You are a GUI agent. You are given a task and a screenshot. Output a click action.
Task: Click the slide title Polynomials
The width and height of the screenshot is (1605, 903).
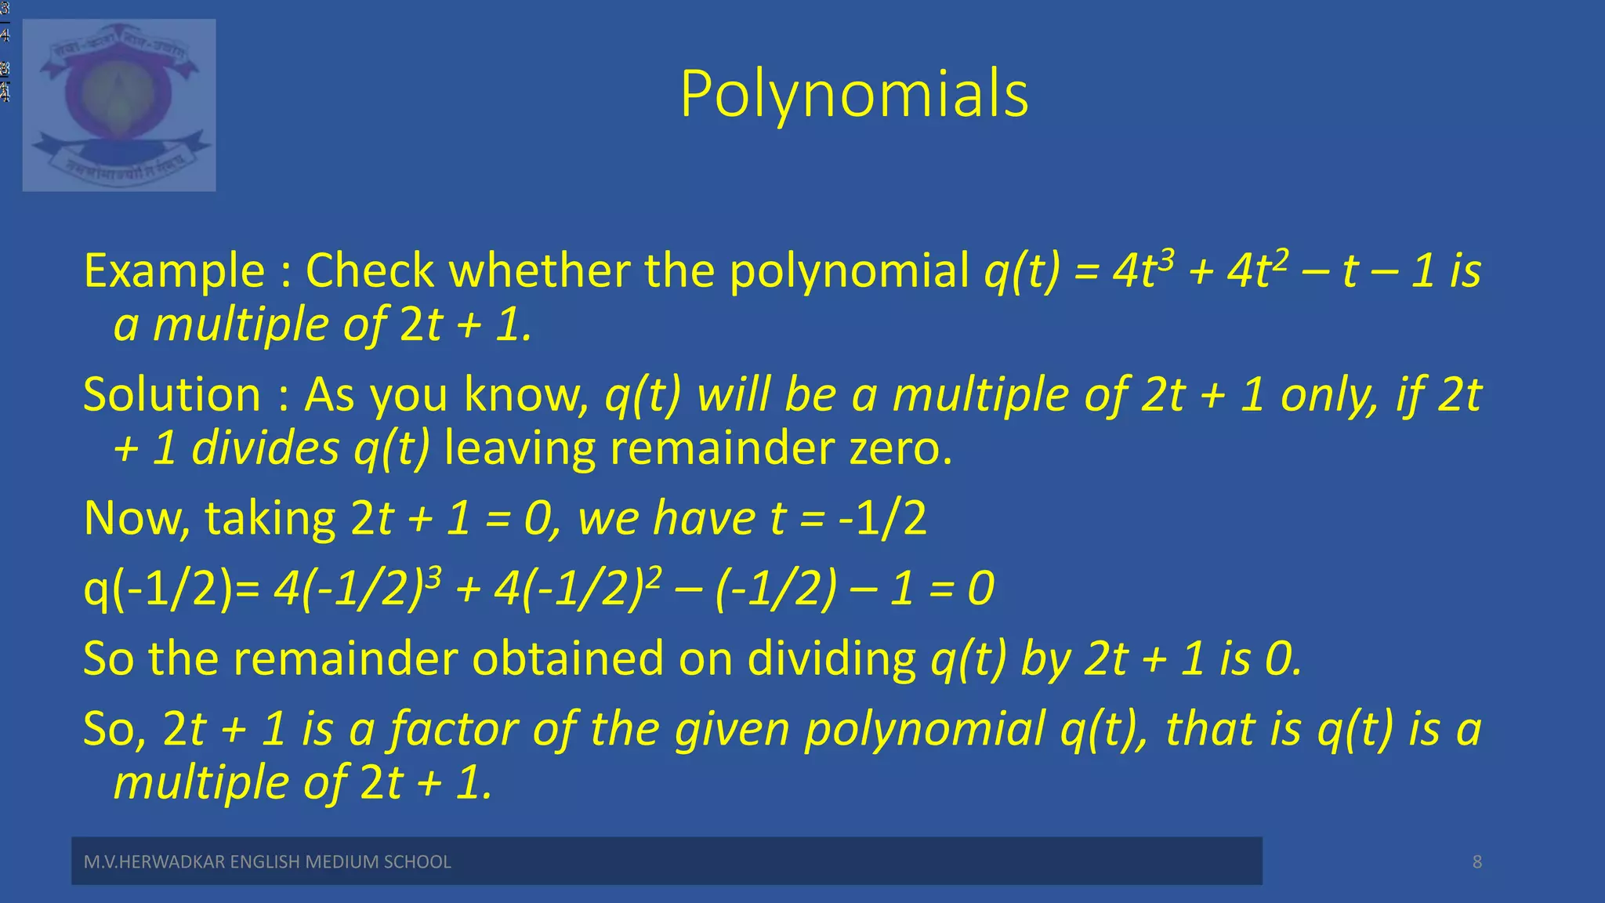[x=854, y=95]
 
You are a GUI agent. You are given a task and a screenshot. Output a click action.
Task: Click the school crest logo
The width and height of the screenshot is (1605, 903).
[x=119, y=105]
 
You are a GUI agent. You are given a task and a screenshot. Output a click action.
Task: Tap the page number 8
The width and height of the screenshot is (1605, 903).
[x=1476, y=862]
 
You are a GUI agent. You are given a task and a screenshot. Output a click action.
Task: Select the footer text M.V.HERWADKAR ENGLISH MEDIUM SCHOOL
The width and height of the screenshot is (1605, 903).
[x=267, y=862]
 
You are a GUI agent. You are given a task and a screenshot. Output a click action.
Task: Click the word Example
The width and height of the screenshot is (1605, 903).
[x=174, y=271]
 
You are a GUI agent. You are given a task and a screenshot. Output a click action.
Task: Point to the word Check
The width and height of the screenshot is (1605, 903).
[x=369, y=271]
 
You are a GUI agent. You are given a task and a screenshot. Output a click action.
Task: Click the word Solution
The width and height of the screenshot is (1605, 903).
[x=172, y=394]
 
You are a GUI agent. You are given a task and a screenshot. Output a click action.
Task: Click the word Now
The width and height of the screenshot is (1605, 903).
[x=136, y=519]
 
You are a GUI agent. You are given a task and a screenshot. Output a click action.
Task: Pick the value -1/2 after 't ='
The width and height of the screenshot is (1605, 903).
[x=882, y=519]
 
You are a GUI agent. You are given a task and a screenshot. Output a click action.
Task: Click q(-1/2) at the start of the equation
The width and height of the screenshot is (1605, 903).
[x=158, y=589]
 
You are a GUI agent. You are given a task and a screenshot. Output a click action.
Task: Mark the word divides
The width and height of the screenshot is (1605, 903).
[x=265, y=449]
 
